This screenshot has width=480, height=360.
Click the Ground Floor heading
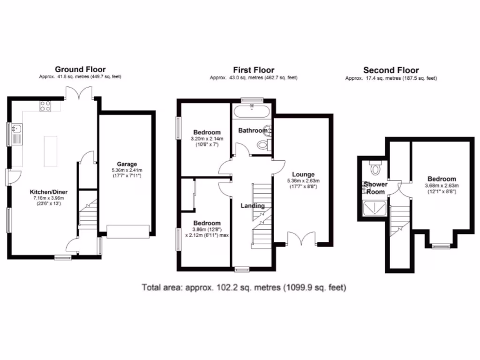[x=80, y=70]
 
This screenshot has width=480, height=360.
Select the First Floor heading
[x=253, y=70]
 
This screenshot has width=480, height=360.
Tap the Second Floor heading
[x=391, y=70]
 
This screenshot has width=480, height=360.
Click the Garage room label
[x=127, y=164]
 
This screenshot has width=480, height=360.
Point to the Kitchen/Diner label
[x=49, y=192]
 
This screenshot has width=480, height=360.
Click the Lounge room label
[x=303, y=174]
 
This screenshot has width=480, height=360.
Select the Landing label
[x=253, y=206]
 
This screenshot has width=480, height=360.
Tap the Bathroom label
[x=252, y=130]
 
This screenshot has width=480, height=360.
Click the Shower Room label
[x=375, y=188]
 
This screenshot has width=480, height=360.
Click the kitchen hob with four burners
[x=45, y=106]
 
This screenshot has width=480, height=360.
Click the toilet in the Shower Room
[x=375, y=167]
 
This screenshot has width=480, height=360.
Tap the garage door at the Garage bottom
[x=128, y=231]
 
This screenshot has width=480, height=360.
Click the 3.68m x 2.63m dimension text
[x=442, y=186]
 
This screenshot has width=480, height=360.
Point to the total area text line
[x=244, y=287]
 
